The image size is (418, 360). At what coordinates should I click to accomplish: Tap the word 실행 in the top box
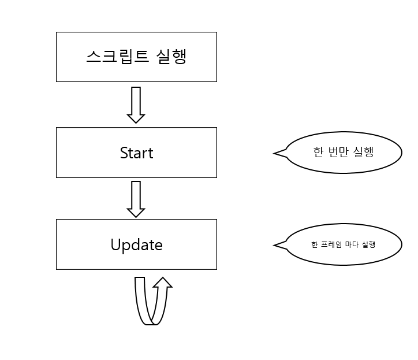point(171,57)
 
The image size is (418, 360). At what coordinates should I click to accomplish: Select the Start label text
point(136,153)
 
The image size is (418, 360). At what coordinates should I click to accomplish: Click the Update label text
point(136,245)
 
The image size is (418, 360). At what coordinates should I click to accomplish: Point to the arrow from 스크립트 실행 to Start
point(136,105)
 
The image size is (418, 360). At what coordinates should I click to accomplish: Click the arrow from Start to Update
point(136,199)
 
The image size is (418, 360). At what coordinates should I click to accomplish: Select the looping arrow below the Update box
point(152,300)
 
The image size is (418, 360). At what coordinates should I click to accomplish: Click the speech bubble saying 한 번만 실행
point(344,153)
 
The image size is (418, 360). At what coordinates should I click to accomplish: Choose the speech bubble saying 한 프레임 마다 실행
point(344,244)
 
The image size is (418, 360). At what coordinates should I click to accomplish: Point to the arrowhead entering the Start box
point(136,118)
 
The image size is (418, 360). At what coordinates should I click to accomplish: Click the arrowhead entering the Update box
point(136,212)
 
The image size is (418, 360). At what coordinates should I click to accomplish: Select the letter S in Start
point(124,153)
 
